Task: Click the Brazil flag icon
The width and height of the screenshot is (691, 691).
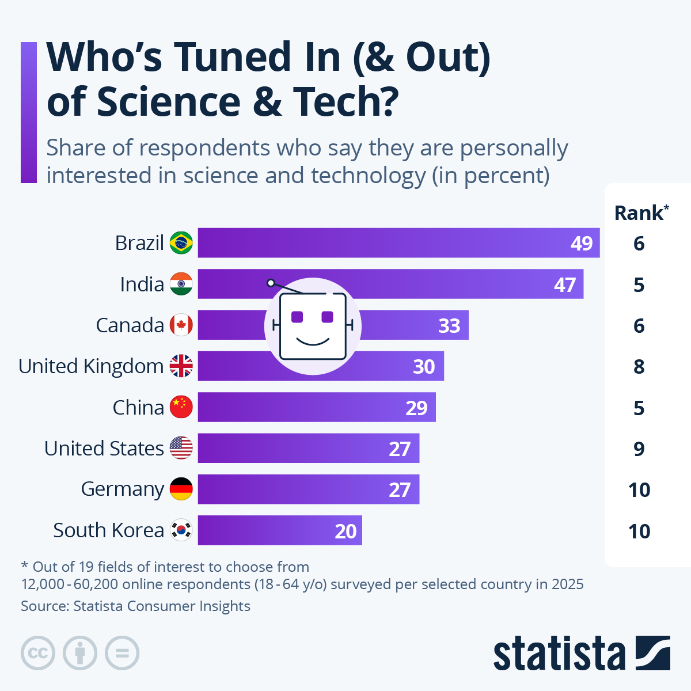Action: pyautogui.click(x=181, y=243)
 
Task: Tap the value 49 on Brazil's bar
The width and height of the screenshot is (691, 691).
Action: pyautogui.click(x=582, y=244)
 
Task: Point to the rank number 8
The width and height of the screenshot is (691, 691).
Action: pyautogui.click(x=639, y=367)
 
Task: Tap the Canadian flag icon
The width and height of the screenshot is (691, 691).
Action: pyautogui.click(x=181, y=325)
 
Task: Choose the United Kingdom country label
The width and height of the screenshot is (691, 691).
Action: pyautogui.click(x=91, y=366)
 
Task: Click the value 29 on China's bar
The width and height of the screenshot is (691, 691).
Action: pyautogui.click(x=416, y=408)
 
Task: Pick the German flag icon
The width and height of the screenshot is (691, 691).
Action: pyautogui.click(x=181, y=489)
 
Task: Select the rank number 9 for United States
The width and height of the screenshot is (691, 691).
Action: pyautogui.click(x=639, y=449)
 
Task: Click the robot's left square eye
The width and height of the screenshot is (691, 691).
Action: pyautogui.click(x=297, y=317)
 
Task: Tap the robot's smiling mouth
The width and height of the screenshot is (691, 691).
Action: pyautogui.click(x=313, y=341)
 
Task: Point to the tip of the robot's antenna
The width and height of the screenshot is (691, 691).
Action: pyautogui.click(x=271, y=283)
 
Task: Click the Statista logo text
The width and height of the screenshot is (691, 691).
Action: pyautogui.click(x=559, y=654)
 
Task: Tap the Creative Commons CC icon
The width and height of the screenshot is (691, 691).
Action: pyautogui.click(x=38, y=653)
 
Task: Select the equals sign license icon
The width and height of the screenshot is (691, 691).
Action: pyautogui.click(x=122, y=653)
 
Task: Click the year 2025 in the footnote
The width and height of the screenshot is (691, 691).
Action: pyautogui.click(x=567, y=584)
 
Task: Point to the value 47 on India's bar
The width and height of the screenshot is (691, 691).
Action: pyautogui.click(x=565, y=285)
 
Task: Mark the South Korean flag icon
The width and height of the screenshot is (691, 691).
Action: pyautogui.click(x=181, y=530)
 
